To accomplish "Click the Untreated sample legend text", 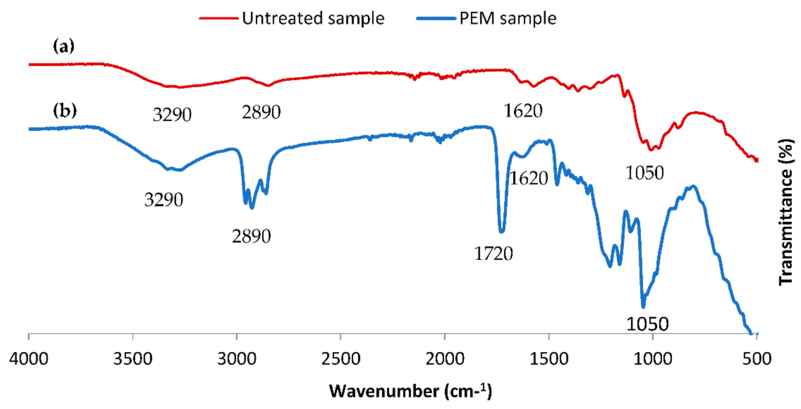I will click(313, 18).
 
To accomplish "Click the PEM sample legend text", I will click(508, 18).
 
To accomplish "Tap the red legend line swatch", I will click(219, 18).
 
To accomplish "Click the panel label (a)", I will click(63, 46).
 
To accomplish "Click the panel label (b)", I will click(64, 111).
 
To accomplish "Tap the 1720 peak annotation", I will click(493, 254).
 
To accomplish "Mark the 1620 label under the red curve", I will click(523, 111).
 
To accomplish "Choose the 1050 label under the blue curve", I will click(647, 324).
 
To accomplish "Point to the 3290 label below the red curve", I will click(172, 115).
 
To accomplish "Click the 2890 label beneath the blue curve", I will click(251, 237).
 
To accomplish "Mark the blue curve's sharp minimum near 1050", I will click(643, 306).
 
